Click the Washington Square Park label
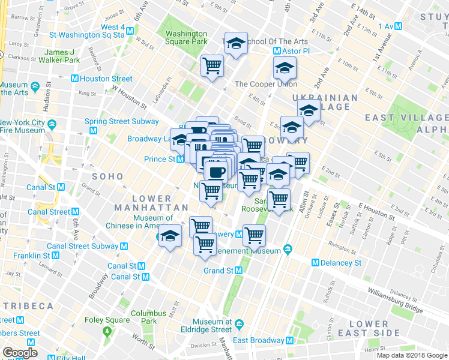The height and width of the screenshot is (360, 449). click(186, 38)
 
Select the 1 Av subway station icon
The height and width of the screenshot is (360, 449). click(398, 26)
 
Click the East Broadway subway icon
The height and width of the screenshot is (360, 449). click(291, 340)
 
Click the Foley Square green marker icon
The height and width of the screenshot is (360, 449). click(107, 331)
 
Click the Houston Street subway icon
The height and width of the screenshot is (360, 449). click(74, 79)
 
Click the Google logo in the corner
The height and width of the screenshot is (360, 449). click(20, 353)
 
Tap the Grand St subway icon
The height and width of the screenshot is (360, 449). click(238, 271)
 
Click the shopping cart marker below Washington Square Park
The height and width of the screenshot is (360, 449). click(212, 65)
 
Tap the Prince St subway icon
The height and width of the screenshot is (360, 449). click(179, 159)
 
